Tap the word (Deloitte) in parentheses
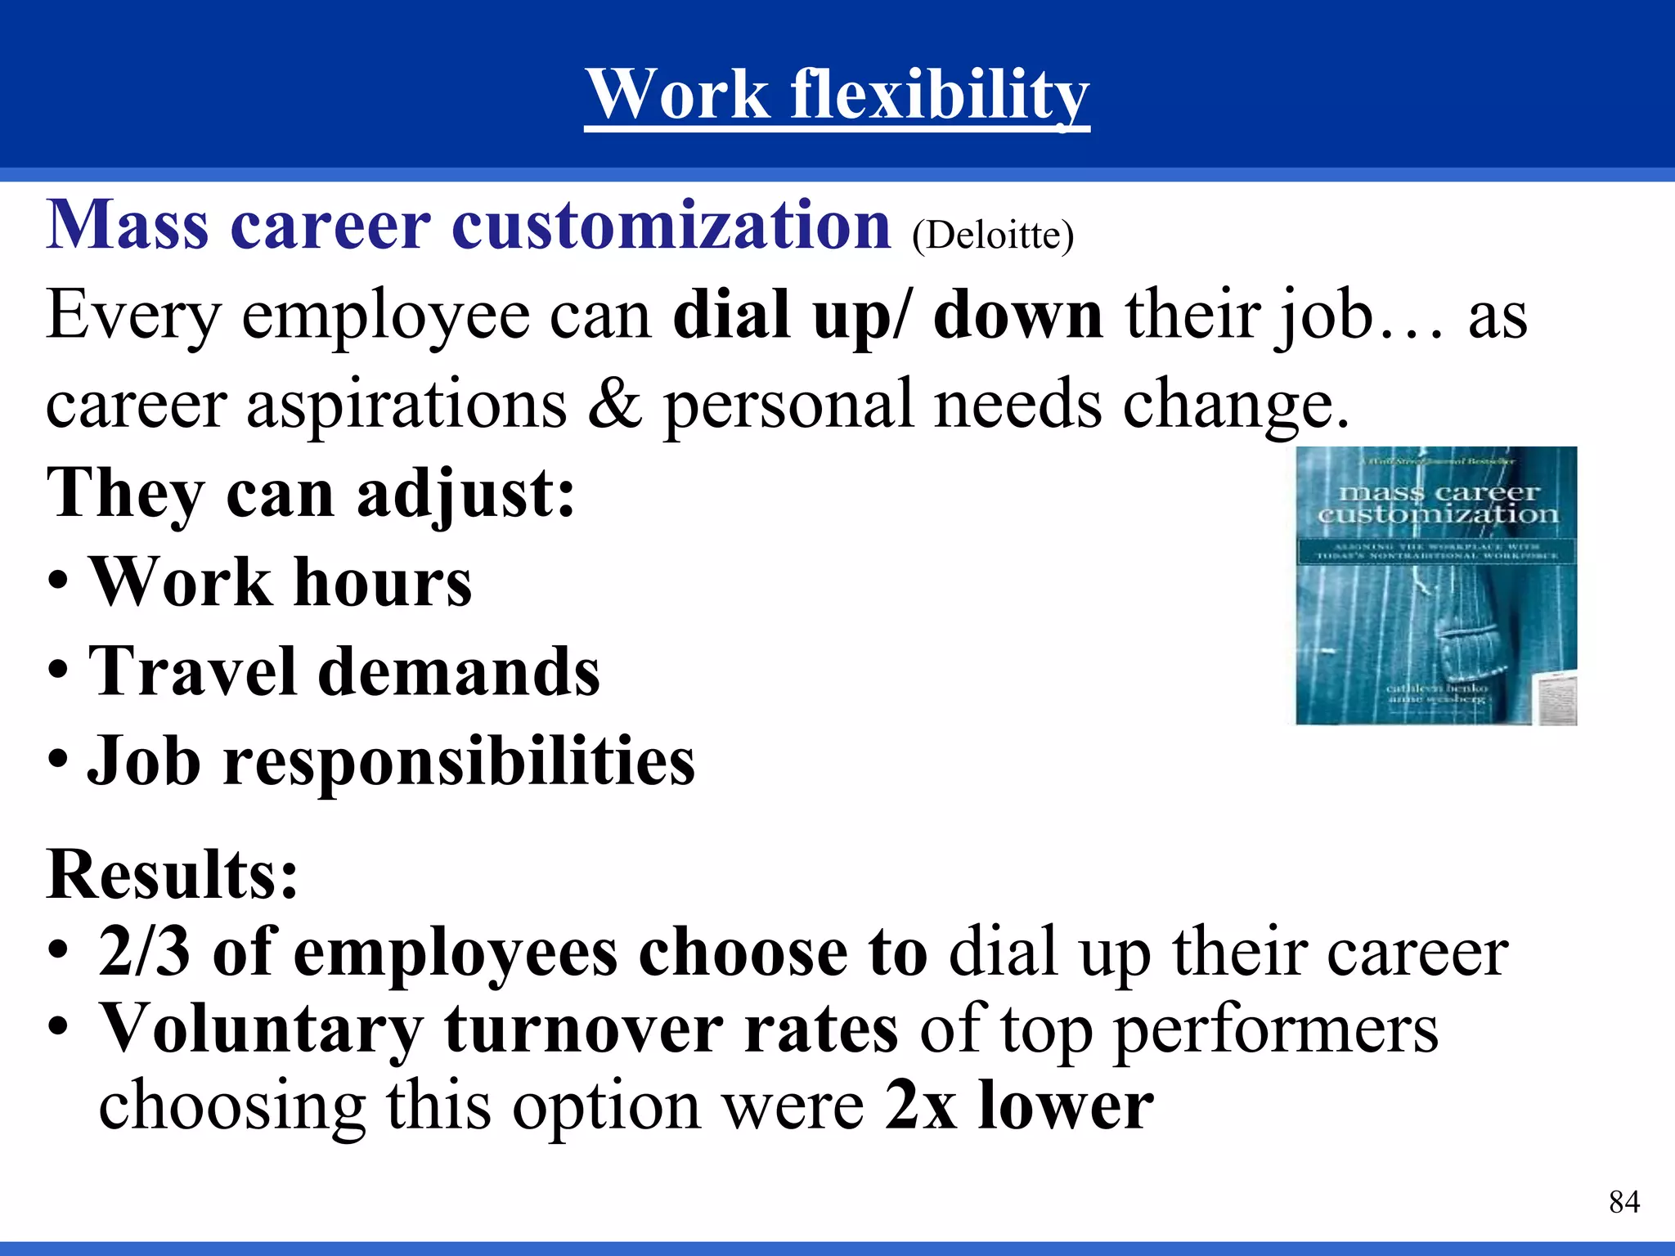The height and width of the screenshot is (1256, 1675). click(x=992, y=235)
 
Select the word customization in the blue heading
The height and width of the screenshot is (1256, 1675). click(x=671, y=225)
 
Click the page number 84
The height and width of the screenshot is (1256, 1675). click(x=1623, y=1202)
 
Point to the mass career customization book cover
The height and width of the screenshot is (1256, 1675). click(x=1436, y=585)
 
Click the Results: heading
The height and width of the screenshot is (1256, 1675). click(x=172, y=875)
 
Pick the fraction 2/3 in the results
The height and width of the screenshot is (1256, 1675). click(x=144, y=953)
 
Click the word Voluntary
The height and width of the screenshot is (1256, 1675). click(x=260, y=1030)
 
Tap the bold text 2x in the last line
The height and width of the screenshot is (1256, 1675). click(x=920, y=1106)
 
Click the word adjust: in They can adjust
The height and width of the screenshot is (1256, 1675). click(x=465, y=494)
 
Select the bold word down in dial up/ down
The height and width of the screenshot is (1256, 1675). click(x=1017, y=316)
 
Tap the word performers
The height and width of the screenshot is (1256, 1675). click(x=1276, y=1030)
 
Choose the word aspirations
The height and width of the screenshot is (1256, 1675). click(x=406, y=405)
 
